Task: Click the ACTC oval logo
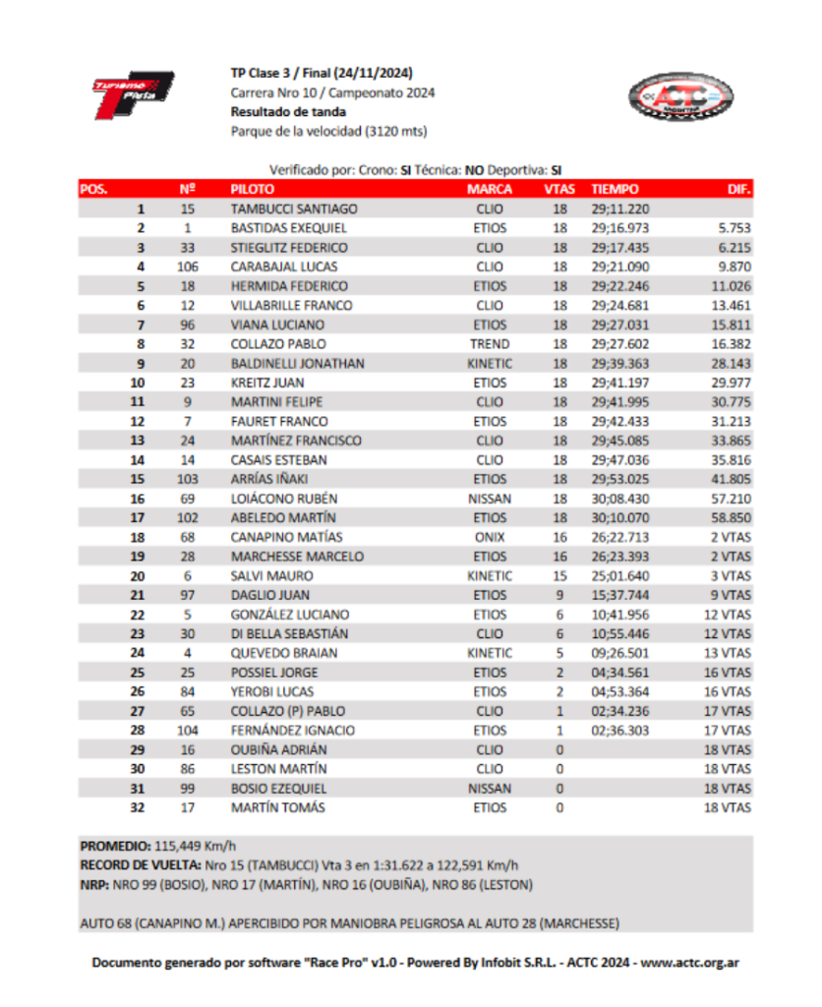pyautogui.click(x=680, y=98)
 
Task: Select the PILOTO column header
pyautogui.click(x=253, y=189)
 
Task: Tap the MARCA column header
pyautogui.click(x=490, y=189)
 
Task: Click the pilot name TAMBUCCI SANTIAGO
pyautogui.click(x=294, y=208)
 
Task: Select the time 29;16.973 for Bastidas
pyautogui.click(x=620, y=228)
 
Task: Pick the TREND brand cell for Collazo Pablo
pyautogui.click(x=490, y=344)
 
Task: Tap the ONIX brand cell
pyautogui.click(x=490, y=537)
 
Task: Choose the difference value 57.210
pyautogui.click(x=732, y=499)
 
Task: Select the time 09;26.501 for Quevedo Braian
pyautogui.click(x=620, y=653)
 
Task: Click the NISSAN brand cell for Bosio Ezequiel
pyautogui.click(x=490, y=789)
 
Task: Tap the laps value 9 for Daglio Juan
pyautogui.click(x=559, y=596)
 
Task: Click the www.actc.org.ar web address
pyautogui.click(x=689, y=964)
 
